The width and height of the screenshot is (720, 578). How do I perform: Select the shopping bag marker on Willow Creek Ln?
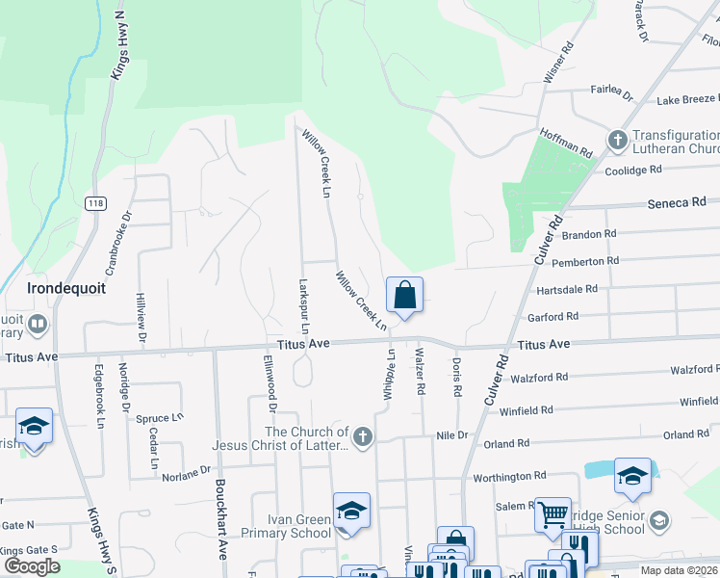405,296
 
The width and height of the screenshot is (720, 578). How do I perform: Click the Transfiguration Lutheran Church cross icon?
617,142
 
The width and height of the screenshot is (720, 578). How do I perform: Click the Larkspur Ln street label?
302,306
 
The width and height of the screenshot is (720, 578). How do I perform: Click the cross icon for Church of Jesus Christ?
362,438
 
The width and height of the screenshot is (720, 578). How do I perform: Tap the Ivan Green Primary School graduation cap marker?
351,512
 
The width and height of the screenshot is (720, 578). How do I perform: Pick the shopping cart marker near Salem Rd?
553,515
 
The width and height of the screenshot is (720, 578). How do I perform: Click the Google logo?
32,565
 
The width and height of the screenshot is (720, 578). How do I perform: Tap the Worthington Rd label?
509,476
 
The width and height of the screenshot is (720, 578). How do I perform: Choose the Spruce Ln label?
160,419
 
